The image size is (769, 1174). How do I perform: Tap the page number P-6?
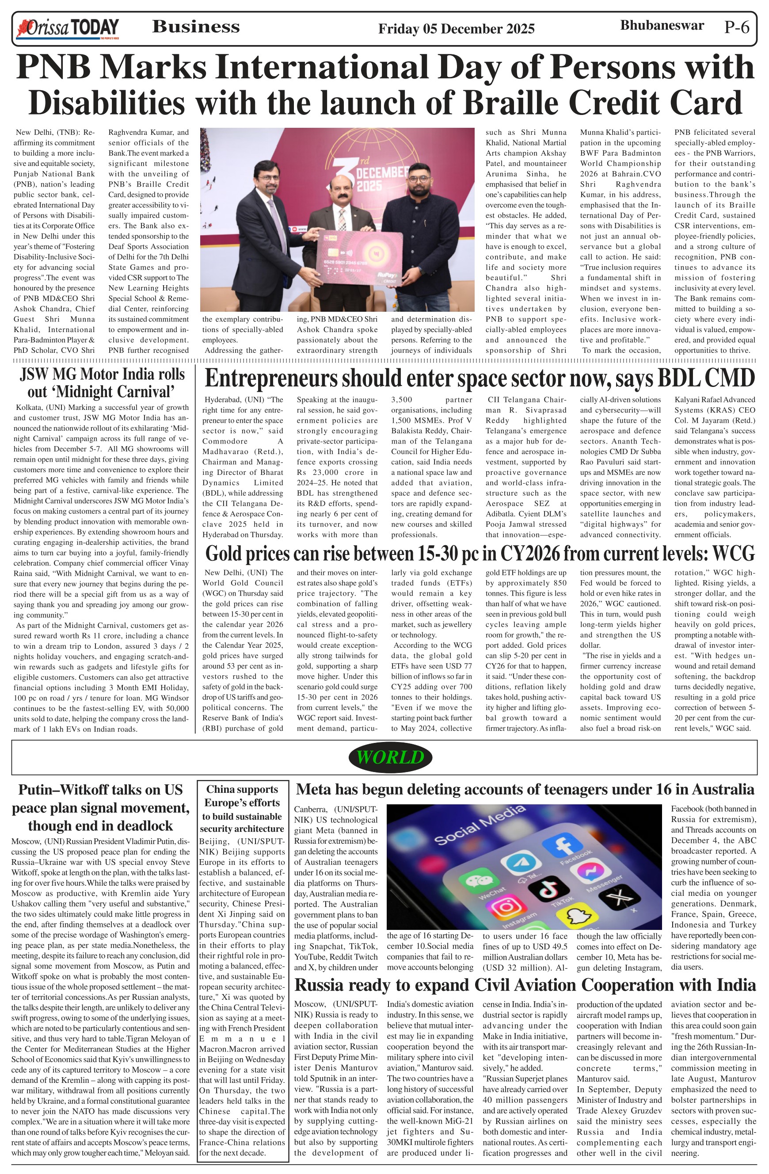(x=736, y=27)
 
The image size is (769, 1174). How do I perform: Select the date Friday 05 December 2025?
(x=456, y=29)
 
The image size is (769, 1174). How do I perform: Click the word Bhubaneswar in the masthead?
(x=662, y=25)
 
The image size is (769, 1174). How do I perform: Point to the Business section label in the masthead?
(x=196, y=27)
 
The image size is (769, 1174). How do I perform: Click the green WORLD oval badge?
(x=390, y=757)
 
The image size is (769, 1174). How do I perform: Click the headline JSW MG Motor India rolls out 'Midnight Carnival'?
(x=102, y=383)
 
